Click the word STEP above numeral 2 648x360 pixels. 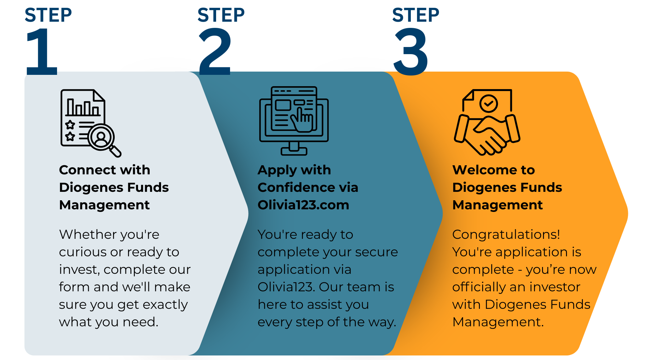(221, 15)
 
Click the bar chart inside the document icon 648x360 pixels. (83, 108)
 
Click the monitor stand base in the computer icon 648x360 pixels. (294, 151)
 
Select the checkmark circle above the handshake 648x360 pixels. (488, 103)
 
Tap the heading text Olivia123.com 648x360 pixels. (303, 205)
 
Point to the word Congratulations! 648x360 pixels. (506, 234)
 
